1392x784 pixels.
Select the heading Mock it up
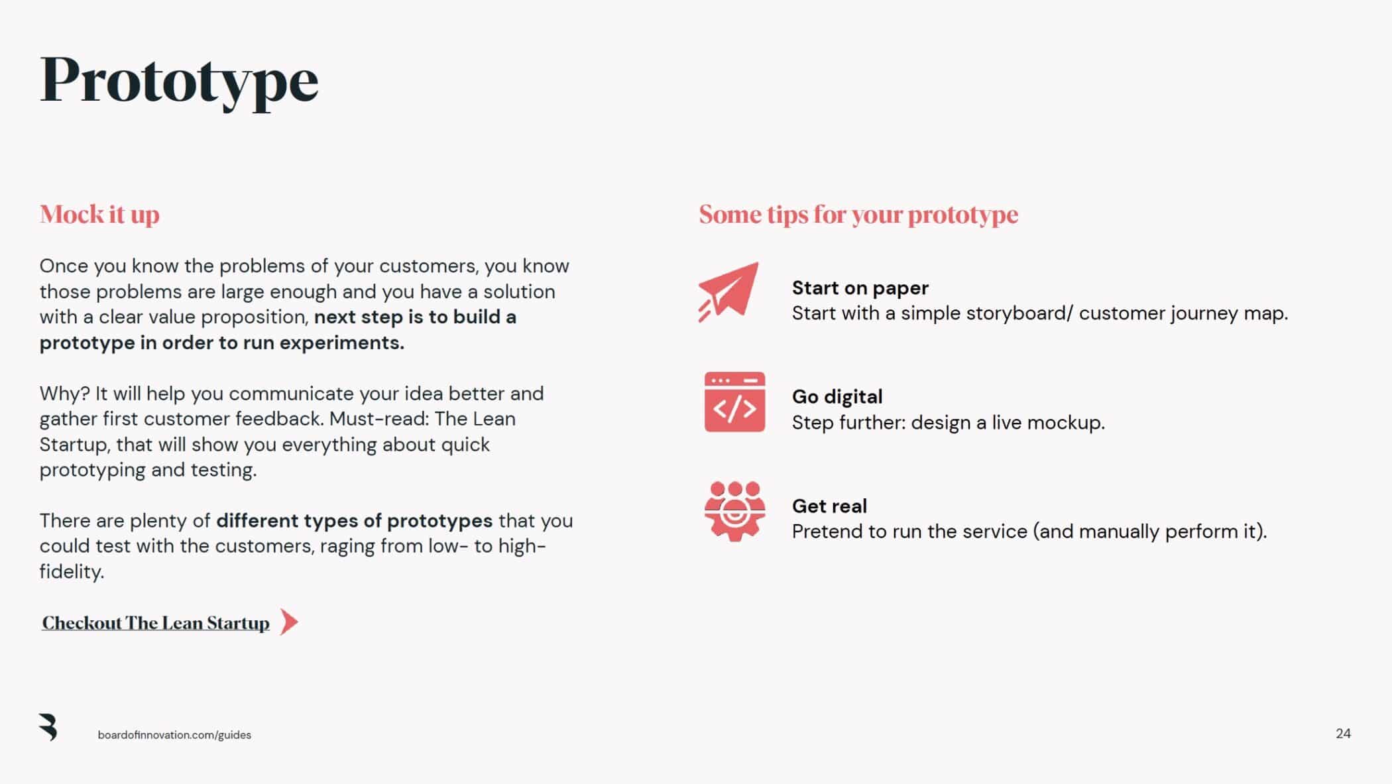click(x=99, y=215)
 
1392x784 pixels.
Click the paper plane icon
click(x=728, y=292)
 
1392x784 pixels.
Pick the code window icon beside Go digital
click(x=734, y=402)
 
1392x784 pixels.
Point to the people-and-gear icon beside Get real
click(x=734, y=511)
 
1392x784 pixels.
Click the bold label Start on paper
click(x=860, y=288)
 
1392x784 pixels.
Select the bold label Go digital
click(x=837, y=397)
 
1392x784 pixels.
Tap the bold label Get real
click(x=829, y=506)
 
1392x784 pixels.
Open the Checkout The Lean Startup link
click(x=156, y=623)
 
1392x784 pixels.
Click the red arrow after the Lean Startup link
click(x=289, y=622)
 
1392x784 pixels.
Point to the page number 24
click(x=1343, y=734)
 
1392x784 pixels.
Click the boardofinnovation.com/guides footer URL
click(x=174, y=735)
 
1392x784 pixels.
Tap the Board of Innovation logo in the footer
click(x=48, y=727)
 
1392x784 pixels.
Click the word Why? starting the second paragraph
click(x=64, y=394)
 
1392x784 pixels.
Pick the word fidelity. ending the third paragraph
click(x=72, y=571)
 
